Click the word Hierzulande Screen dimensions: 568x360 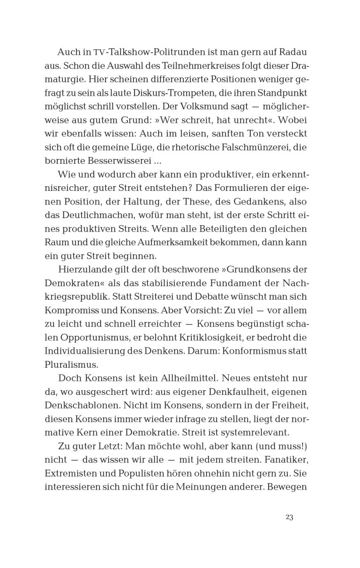84,270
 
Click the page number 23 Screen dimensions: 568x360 289,517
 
